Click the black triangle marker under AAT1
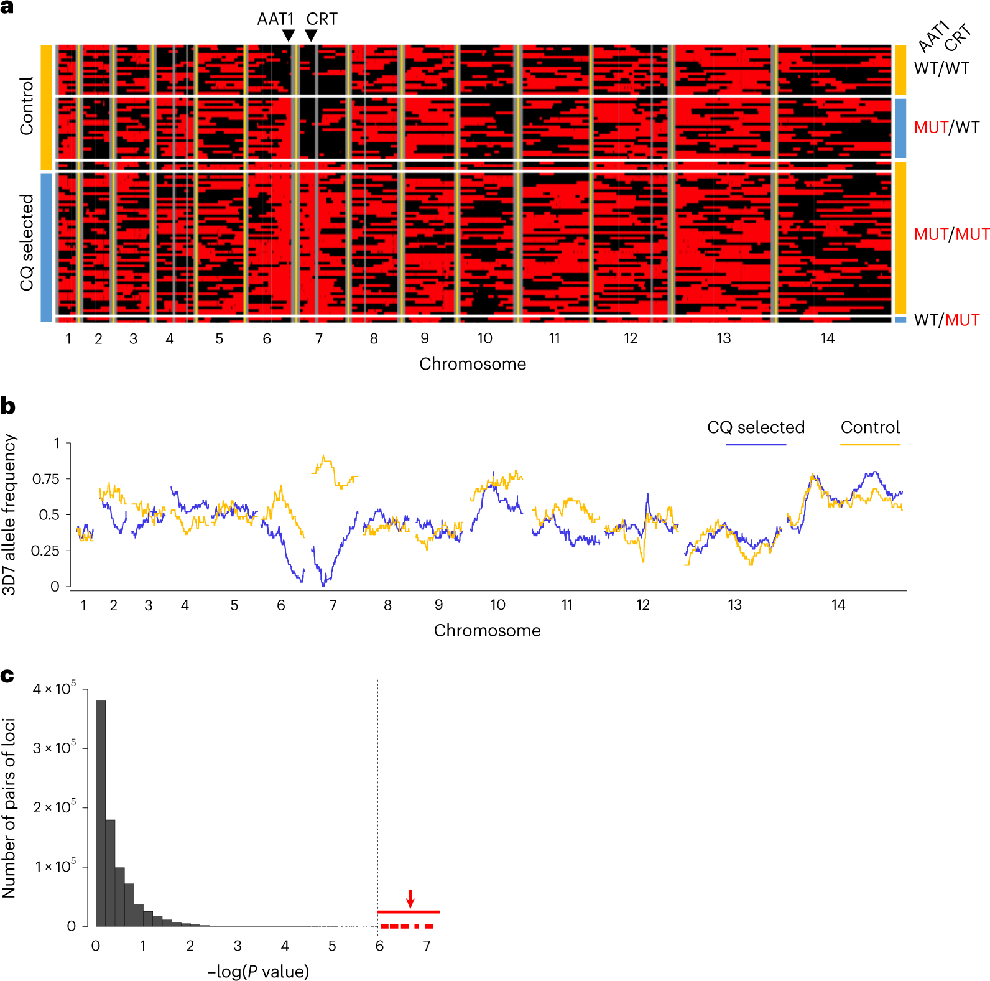click(288, 35)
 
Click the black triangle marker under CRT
click(311, 35)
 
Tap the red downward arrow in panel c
click(410, 898)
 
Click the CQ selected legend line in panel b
click(756, 444)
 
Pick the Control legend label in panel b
click(870, 427)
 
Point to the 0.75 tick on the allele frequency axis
click(46, 479)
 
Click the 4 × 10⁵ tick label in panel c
click(55, 689)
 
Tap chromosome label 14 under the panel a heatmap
click(827, 338)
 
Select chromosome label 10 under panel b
click(497, 605)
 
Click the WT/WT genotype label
click(941, 68)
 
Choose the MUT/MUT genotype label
click(951, 235)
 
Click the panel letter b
click(7, 406)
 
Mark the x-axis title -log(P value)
click(258, 972)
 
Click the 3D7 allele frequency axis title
click(9, 514)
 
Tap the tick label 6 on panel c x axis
click(379, 946)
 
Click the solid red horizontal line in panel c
click(409, 912)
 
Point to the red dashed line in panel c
click(407, 926)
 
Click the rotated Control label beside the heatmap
click(26, 106)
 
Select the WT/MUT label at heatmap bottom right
click(946, 320)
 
